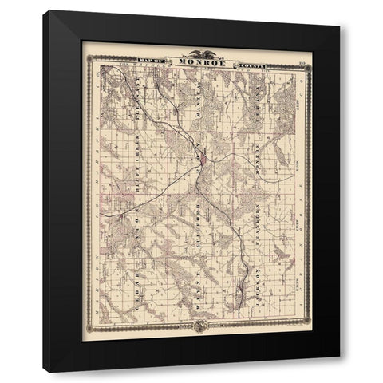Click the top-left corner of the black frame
pyautogui.click(x=44, y=10)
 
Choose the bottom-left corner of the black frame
pyautogui.click(x=44, y=372)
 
